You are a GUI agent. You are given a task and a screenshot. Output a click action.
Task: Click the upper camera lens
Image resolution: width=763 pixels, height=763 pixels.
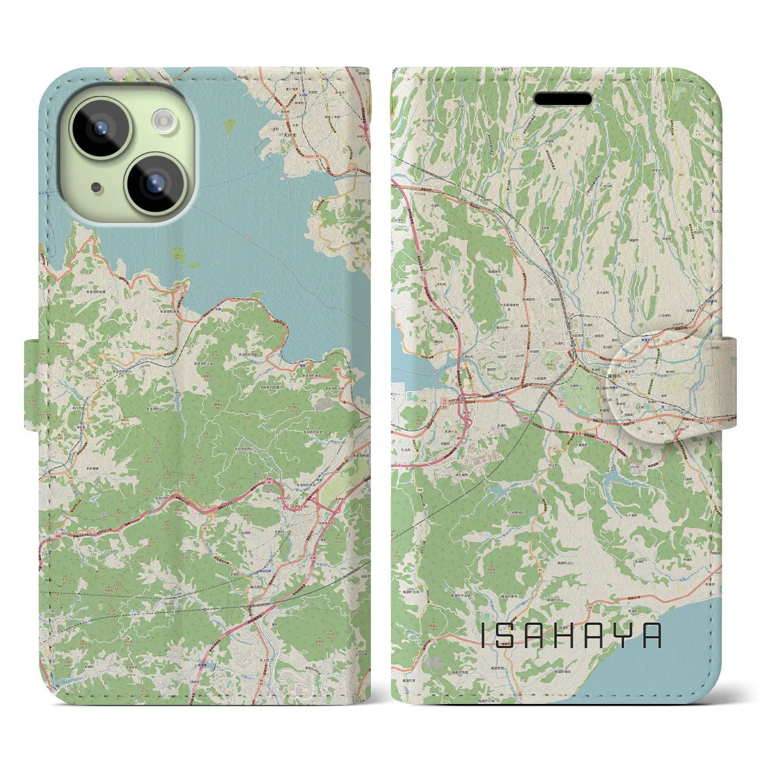[x=100, y=126]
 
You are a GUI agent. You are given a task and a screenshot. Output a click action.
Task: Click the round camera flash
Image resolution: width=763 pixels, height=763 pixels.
[x=163, y=120]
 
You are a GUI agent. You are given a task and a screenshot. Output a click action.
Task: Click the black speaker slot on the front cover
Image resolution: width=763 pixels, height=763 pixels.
[x=562, y=98]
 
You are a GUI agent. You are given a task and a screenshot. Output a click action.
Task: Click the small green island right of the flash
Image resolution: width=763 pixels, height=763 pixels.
[x=229, y=126]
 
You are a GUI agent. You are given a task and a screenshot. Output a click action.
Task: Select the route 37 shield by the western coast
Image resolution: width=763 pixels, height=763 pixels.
[x=396, y=326]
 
